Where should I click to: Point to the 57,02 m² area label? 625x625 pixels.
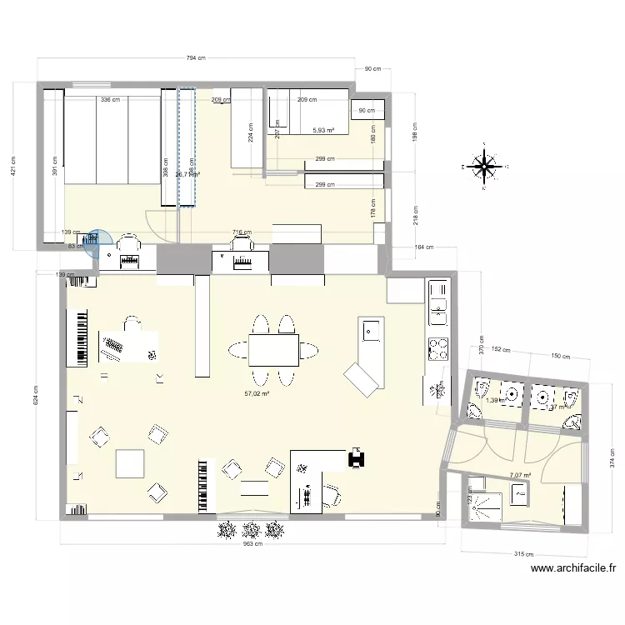pos(257,393)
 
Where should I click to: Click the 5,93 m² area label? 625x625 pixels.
pos(323,130)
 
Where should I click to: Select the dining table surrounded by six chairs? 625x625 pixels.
pos(273,350)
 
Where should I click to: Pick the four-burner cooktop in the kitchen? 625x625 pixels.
pos(437,348)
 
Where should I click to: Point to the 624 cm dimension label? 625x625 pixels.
pos(35,393)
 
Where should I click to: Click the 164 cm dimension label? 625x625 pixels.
pos(424,247)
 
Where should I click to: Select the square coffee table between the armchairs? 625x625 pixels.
pos(130,463)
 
